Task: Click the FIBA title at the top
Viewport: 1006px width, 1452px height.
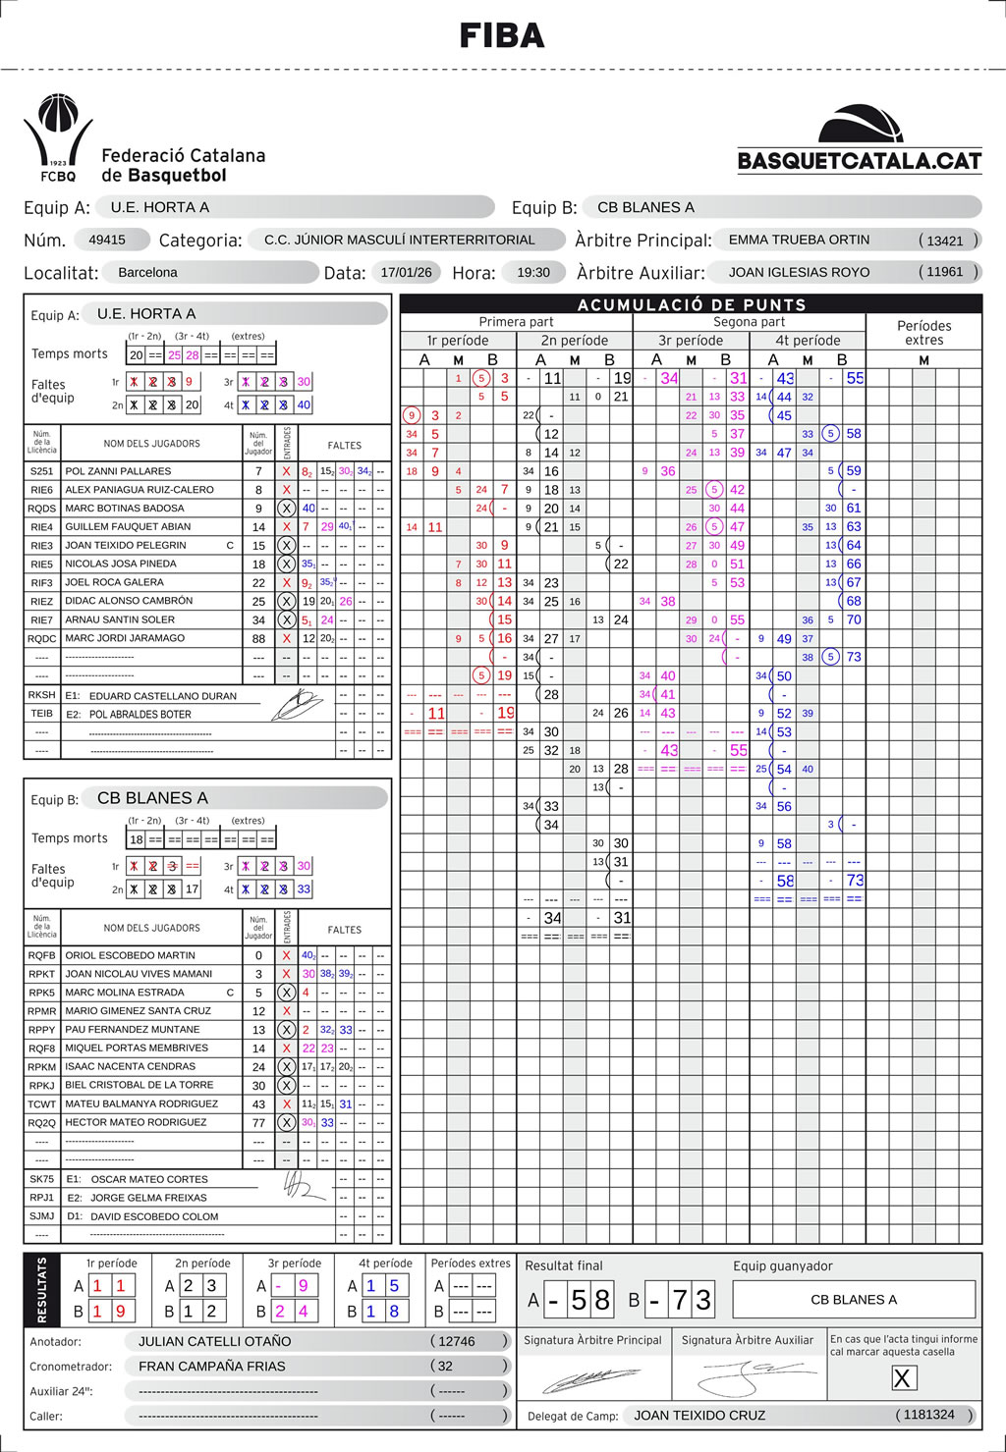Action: click(x=502, y=36)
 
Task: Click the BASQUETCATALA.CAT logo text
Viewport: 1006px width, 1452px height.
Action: click(x=860, y=161)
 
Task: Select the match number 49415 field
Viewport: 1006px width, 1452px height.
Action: click(x=107, y=240)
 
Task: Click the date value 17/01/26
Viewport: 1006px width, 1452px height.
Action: click(x=406, y=272)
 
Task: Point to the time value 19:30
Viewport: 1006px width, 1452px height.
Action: click(x=533, y=272)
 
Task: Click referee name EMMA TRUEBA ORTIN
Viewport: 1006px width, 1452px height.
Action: click(x=799, y=240)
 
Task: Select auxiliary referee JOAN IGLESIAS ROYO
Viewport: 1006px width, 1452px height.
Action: click(x=799, y=272)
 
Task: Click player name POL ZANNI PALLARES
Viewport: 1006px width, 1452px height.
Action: click(x=118, y=471)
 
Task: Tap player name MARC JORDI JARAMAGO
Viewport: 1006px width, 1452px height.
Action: click(x=125, y=638)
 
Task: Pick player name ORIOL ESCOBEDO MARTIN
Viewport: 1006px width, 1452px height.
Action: click(x=130, y=955)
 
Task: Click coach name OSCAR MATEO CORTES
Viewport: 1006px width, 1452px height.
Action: click(x=149, y=1179)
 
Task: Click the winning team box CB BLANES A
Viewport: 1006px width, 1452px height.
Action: click(x=854, y=1299)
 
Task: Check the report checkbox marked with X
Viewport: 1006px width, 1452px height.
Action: click(x=902, y=1378)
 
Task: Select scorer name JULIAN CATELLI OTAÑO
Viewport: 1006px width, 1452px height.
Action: click(x=214, y=1341)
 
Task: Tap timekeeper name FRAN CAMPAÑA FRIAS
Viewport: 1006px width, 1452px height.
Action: click(x=212, y=1366)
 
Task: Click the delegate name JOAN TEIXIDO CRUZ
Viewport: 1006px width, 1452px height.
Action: click(x=699, y=1415)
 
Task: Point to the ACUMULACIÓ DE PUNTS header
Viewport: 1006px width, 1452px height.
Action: click(x=692, y=304)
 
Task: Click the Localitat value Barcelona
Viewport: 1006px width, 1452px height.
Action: click(x=147, y=272)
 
